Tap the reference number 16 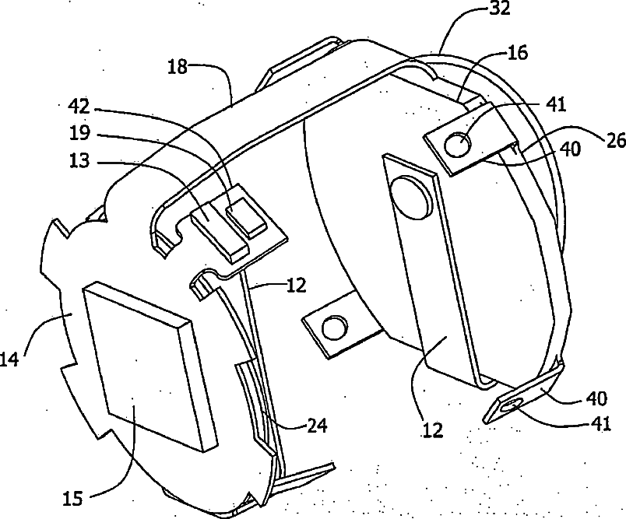click(x=517, y=53)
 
